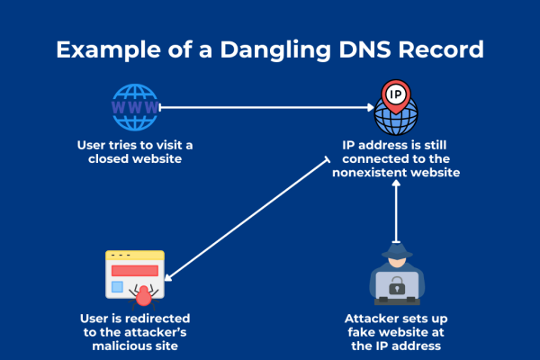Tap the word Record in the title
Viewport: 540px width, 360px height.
(x=438, y=49)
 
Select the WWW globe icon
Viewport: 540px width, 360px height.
(x=134, y=107)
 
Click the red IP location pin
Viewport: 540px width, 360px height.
(x=394, y=93)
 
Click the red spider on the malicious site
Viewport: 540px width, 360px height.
(x=142, y=292)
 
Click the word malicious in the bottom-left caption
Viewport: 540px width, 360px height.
(x=109, y=346)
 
